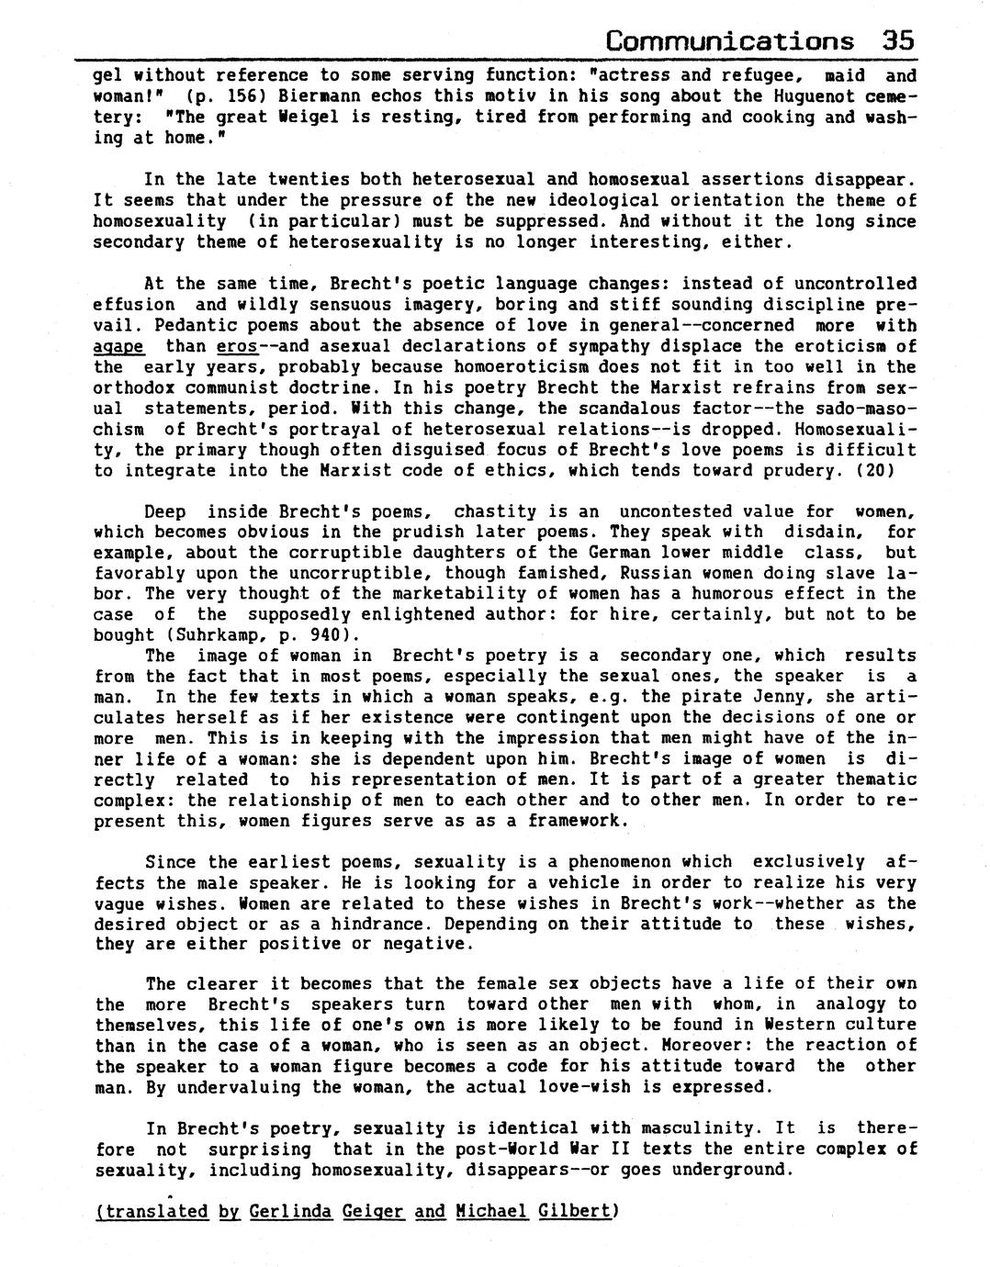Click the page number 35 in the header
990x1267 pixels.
(897, 41)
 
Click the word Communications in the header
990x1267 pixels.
(730, 41)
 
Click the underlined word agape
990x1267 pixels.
(118, 347)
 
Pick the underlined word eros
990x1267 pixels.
(237, 347)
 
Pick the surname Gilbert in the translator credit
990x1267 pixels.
(578, 1212)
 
